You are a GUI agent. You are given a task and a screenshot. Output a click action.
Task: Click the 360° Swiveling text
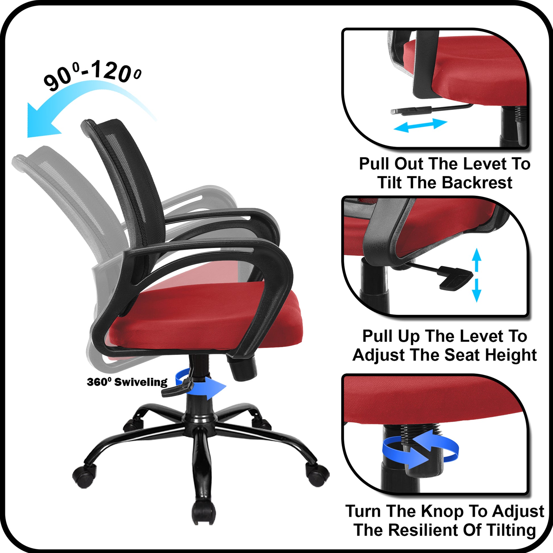127,382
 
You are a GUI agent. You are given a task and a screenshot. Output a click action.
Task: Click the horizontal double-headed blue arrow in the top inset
420,125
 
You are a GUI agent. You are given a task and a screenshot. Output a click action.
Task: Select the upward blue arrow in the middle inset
476,259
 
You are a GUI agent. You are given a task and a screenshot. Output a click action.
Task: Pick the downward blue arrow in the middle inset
476,290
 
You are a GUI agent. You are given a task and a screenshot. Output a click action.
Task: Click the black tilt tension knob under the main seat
243,368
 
